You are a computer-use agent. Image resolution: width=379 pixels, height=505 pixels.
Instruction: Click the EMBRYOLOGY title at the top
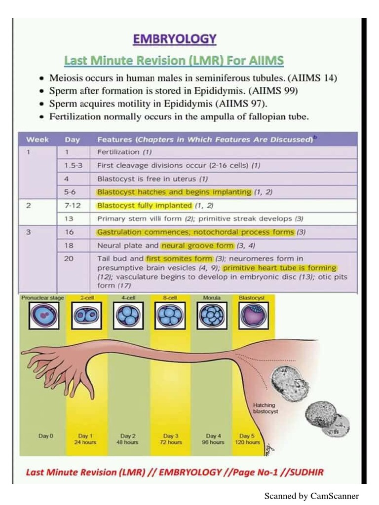175,39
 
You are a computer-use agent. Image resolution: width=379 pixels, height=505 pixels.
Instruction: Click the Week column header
37,140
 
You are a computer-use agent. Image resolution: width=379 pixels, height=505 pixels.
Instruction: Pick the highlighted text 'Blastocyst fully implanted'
144,205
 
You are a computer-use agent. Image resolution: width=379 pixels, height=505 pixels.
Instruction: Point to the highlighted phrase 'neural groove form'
197,245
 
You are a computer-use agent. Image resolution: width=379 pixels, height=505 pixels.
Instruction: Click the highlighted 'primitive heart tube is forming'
279,268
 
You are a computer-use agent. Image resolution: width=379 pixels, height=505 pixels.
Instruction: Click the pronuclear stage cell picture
44,316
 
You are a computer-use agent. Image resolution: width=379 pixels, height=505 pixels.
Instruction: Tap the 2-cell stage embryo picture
87,316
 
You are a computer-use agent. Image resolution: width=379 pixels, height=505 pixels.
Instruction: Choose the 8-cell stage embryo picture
170,316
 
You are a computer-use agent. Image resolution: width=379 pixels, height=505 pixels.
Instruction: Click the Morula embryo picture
212,316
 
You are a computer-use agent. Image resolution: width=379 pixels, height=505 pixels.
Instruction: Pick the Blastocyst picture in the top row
253,316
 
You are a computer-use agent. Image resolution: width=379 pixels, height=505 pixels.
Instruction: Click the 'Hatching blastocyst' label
265,407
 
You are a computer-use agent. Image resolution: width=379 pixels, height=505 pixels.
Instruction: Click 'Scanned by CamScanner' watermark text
311,496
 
